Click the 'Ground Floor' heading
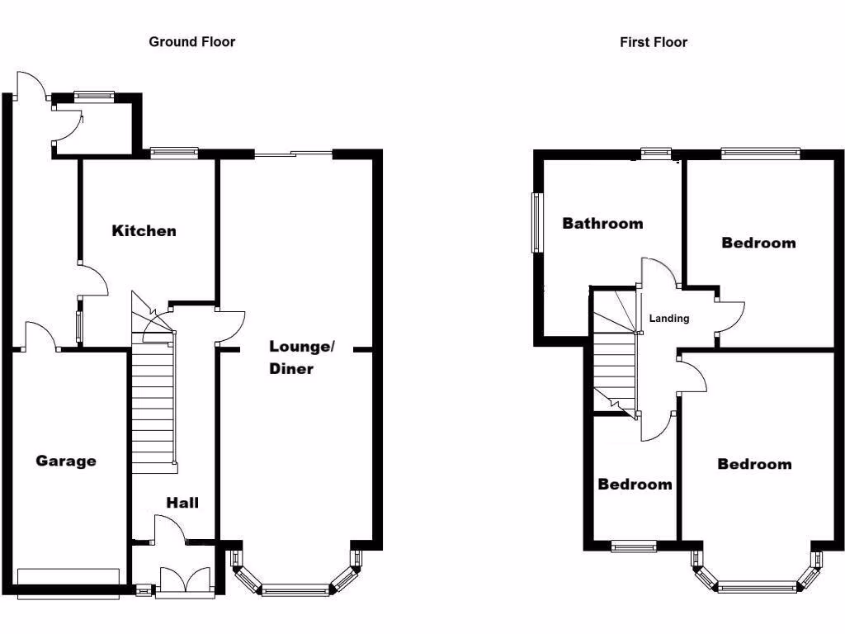[x=191, y=41]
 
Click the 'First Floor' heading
[x=653, y=42]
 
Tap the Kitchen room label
[x=144, y=230]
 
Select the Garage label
[x=65, y=461]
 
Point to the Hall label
[x=182, y=502]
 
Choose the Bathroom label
[x=602, y=223]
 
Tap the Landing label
[x=668, y=318]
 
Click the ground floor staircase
[x=154, y=405]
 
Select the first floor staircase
[x=615, y=363]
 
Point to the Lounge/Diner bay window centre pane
[x=294, y=589]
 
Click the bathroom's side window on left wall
[x=537, y=223]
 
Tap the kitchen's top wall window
[x=174, y=152]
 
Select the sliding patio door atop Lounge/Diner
[x=293, y=154]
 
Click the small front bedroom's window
[x=634, y=545]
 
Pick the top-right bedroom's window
[x=759, y=152]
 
